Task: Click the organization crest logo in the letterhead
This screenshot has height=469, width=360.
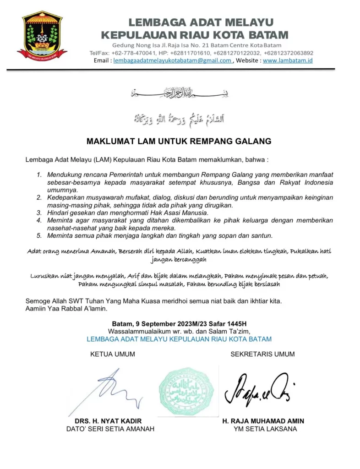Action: tap(42, 36)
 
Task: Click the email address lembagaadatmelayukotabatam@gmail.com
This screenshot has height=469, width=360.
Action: tap(172, 60)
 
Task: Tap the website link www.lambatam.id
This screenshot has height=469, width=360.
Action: tap(288, 60)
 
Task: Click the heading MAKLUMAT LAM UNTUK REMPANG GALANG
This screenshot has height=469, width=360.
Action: tap(179, 141)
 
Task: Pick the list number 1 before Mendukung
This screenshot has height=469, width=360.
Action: tap(40, 175)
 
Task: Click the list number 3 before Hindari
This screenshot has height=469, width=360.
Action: tap(40, 213)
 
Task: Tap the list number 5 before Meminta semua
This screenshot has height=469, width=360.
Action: tap(40, 235)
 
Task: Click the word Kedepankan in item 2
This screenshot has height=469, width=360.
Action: tap(65, 197)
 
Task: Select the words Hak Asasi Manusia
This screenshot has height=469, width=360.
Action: tap(181, 213)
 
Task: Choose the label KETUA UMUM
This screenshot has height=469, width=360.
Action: tap(113, 354)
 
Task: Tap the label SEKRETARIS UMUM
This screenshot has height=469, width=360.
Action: tap(262, 354)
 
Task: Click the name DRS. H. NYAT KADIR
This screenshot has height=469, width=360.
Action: tap(108, 421)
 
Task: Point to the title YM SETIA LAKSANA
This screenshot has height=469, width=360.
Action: tap(265, 429)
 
